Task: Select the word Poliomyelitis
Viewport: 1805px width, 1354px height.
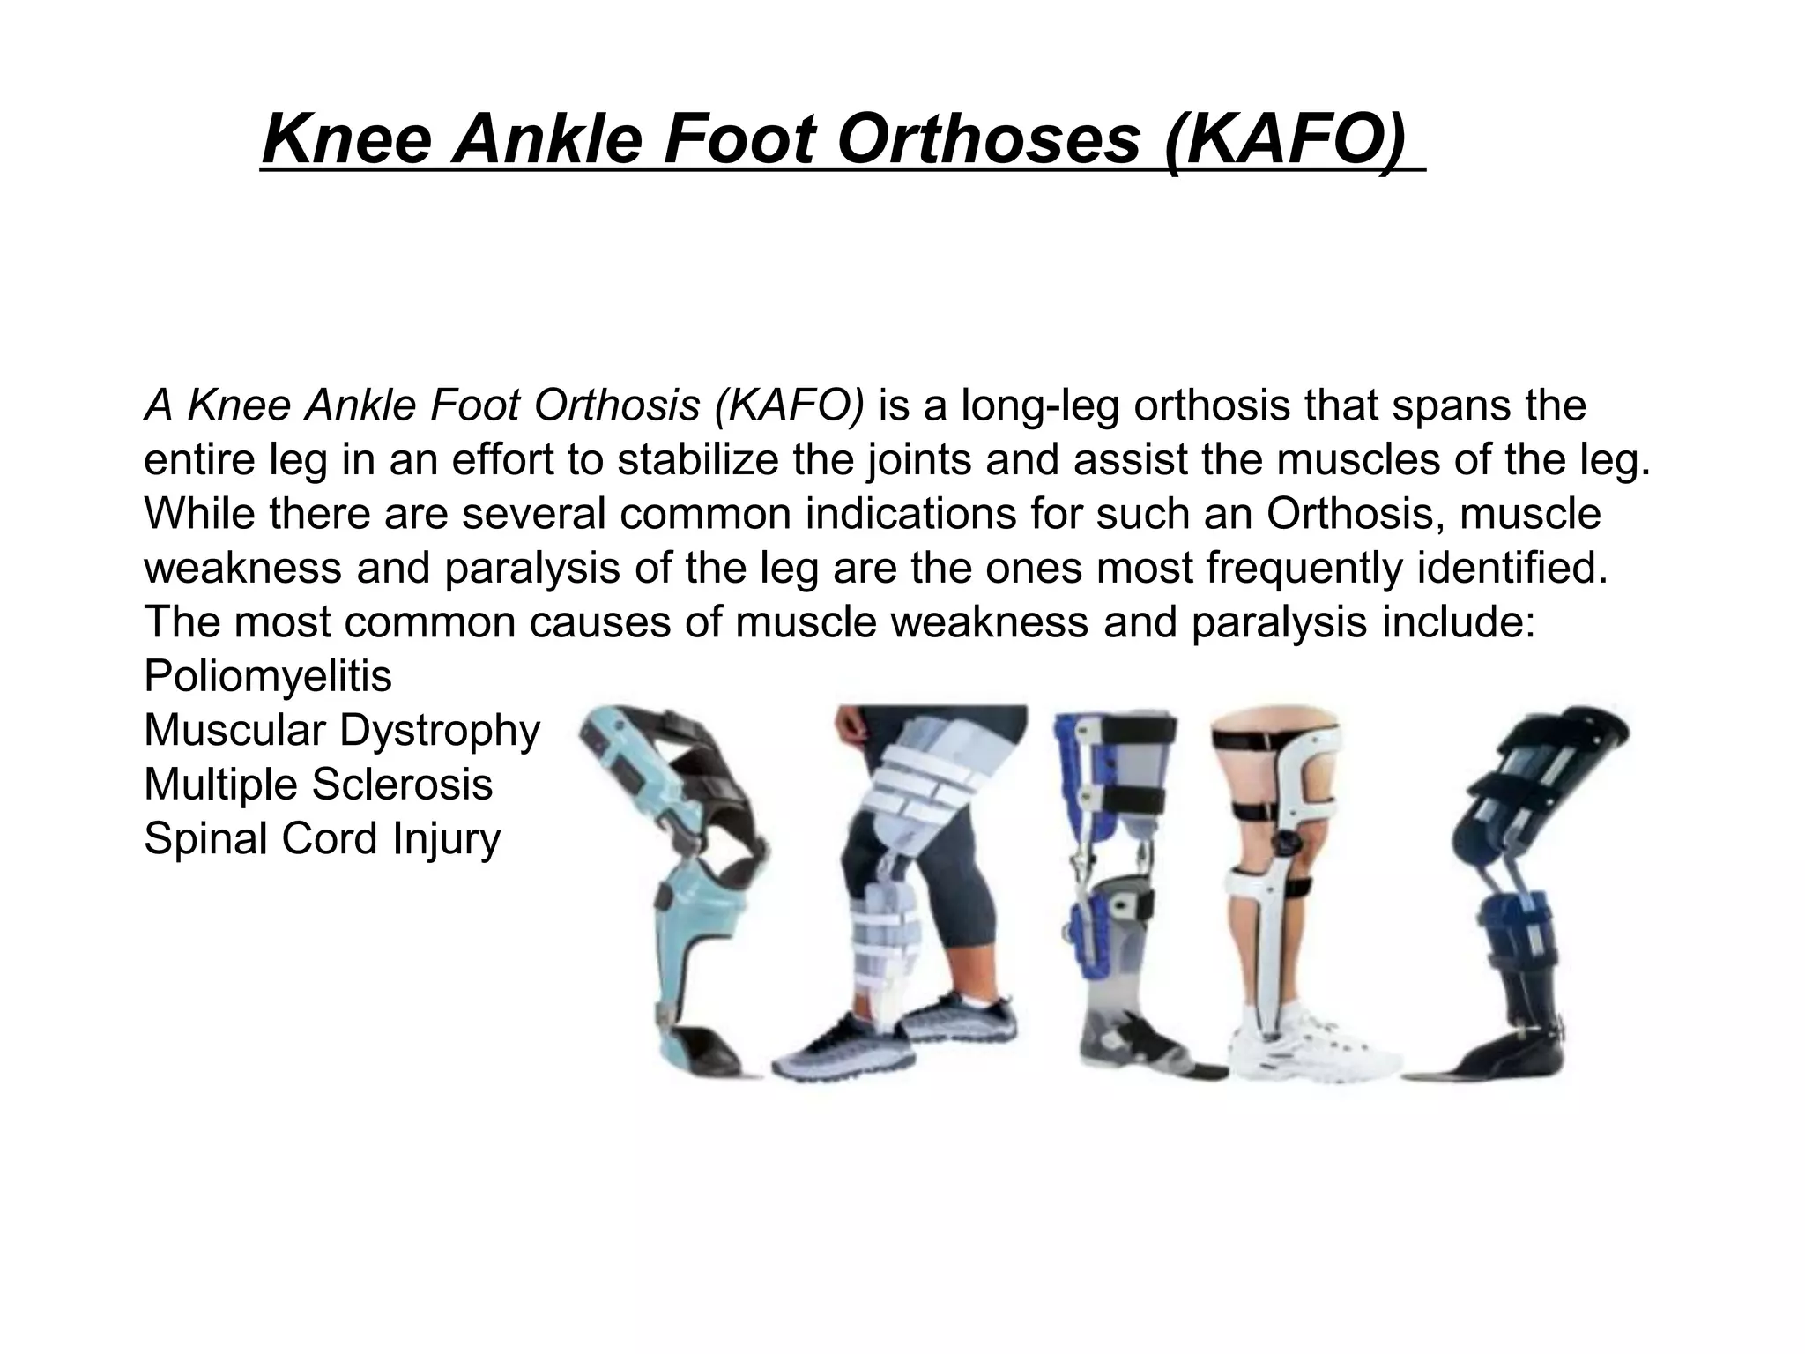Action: click(x=268, y=676)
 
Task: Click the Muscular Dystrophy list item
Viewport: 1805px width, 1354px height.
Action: click(x=341, y=730)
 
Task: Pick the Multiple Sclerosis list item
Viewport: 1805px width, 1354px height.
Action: click(x=318, y=784)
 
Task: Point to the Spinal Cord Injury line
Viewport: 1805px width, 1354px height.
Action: click(x=322, y=837)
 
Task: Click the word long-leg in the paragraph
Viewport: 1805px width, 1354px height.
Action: click(x=1039, y=405)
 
